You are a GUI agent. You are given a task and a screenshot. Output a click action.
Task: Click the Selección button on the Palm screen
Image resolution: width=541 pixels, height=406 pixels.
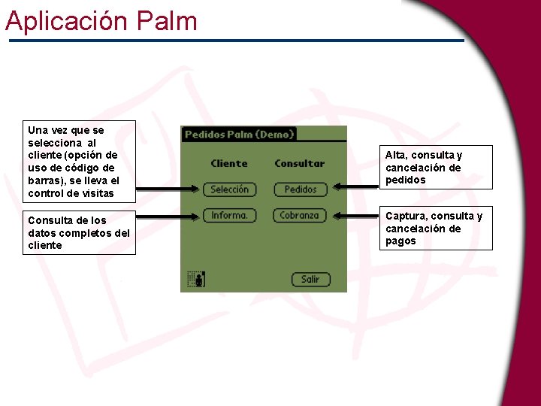229,189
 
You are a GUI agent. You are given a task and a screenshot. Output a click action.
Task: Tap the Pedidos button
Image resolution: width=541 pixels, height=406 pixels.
301,189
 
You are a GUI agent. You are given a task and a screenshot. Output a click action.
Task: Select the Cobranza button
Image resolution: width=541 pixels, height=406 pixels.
299,215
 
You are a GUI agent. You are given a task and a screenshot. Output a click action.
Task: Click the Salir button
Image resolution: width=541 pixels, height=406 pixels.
310,279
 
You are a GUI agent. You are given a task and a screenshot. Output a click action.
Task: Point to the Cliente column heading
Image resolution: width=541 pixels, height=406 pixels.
229,163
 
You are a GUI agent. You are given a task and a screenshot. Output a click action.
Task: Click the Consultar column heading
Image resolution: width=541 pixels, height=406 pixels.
299,163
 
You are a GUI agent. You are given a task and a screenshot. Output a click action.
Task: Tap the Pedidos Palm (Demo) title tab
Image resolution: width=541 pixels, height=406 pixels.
239,135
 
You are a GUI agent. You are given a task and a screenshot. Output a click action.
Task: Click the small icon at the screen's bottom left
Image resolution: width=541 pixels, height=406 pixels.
196,279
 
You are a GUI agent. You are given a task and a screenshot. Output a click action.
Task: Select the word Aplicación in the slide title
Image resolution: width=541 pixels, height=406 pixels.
67,20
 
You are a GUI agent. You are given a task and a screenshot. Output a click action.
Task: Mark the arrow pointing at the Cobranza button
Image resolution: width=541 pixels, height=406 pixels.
357,215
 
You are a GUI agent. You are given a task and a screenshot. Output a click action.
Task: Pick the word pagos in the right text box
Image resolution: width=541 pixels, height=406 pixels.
400,241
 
